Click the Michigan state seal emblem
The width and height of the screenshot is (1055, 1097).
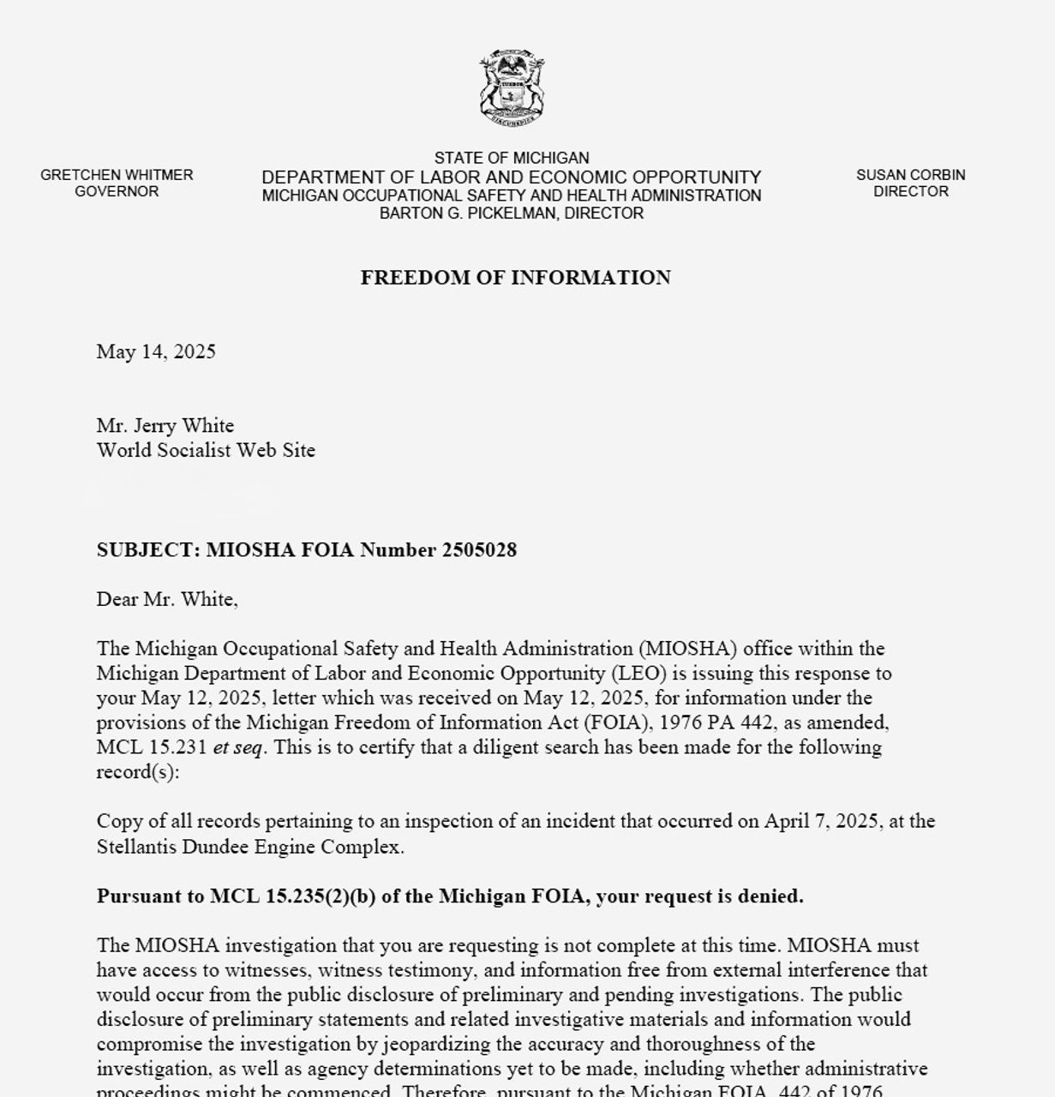[x=512, y=87]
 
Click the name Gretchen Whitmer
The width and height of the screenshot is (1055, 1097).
[x=117, y=175]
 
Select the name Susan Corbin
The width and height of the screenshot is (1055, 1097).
[x=910, y=175]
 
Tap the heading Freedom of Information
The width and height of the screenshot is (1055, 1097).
[x=515, y=278]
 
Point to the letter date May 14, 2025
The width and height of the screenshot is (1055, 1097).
[x=156, y=351]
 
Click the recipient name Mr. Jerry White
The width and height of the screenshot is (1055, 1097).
[x=165, y=425]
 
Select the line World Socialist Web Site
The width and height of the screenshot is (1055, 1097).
[x=206, y=450]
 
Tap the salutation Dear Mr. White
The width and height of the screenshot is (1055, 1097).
[x=166, y=599]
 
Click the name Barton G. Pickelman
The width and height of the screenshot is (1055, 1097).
[x=468, y=213]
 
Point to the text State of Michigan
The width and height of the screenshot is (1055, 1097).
[x=512, y=158]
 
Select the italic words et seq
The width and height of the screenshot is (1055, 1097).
[x=237, y=747]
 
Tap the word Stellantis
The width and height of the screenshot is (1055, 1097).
[x=141, y=847]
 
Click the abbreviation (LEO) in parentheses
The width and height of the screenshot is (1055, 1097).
[x=632, y=674]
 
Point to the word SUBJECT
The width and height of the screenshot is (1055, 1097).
[x=147, y=550]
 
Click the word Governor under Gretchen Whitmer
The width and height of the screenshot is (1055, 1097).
[x=117, y=191]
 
